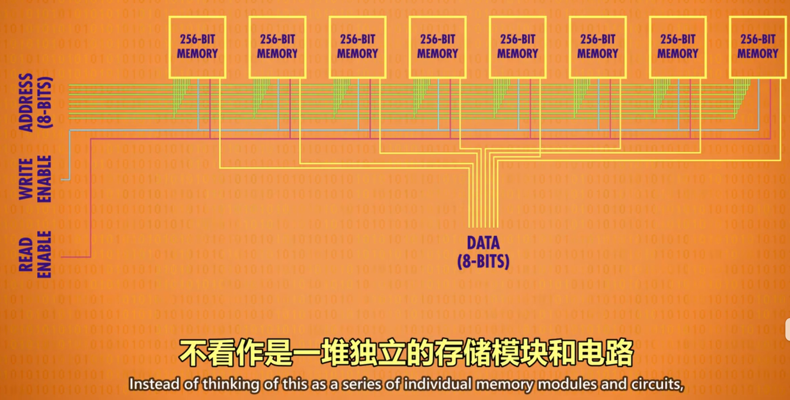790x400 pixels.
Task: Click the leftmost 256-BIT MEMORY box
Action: click(197, 47)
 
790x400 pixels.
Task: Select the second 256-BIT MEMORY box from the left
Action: click(277, 47)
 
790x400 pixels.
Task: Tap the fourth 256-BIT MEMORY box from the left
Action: click(438, 47)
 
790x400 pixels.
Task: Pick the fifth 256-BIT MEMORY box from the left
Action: click(518, 47)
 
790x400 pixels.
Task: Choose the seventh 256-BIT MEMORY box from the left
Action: click(677, 47)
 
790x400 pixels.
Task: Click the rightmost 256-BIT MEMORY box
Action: click(758, 47)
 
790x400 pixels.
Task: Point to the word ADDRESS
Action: click(26, 103)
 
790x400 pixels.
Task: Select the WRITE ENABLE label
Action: click(35, 179)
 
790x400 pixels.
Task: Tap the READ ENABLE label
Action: click(35, 255)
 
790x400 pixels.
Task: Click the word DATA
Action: click(483, 243)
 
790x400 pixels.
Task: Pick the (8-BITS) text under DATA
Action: click(483, 261)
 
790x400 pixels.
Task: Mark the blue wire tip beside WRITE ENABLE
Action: click(63, 180)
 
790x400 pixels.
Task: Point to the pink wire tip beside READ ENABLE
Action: click(63, 257)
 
